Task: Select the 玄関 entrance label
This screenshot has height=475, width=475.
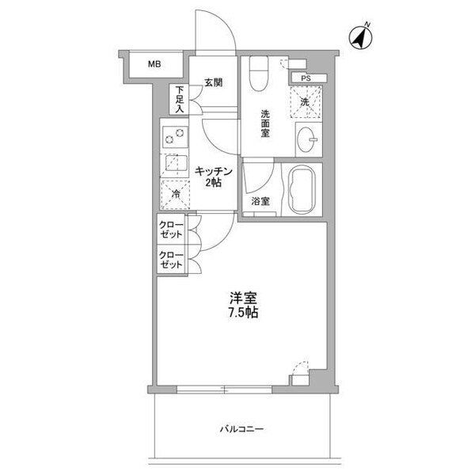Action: point(212,83)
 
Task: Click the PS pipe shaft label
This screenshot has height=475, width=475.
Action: point(304,78)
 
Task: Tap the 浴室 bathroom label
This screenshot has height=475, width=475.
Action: point(260,201)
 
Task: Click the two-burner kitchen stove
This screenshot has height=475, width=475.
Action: point(172,135)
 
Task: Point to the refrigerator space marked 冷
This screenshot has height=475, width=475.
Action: point(173,192)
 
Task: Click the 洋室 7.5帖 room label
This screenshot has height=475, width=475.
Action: point(243,306)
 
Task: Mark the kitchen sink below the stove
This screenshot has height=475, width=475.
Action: point(172,163)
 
